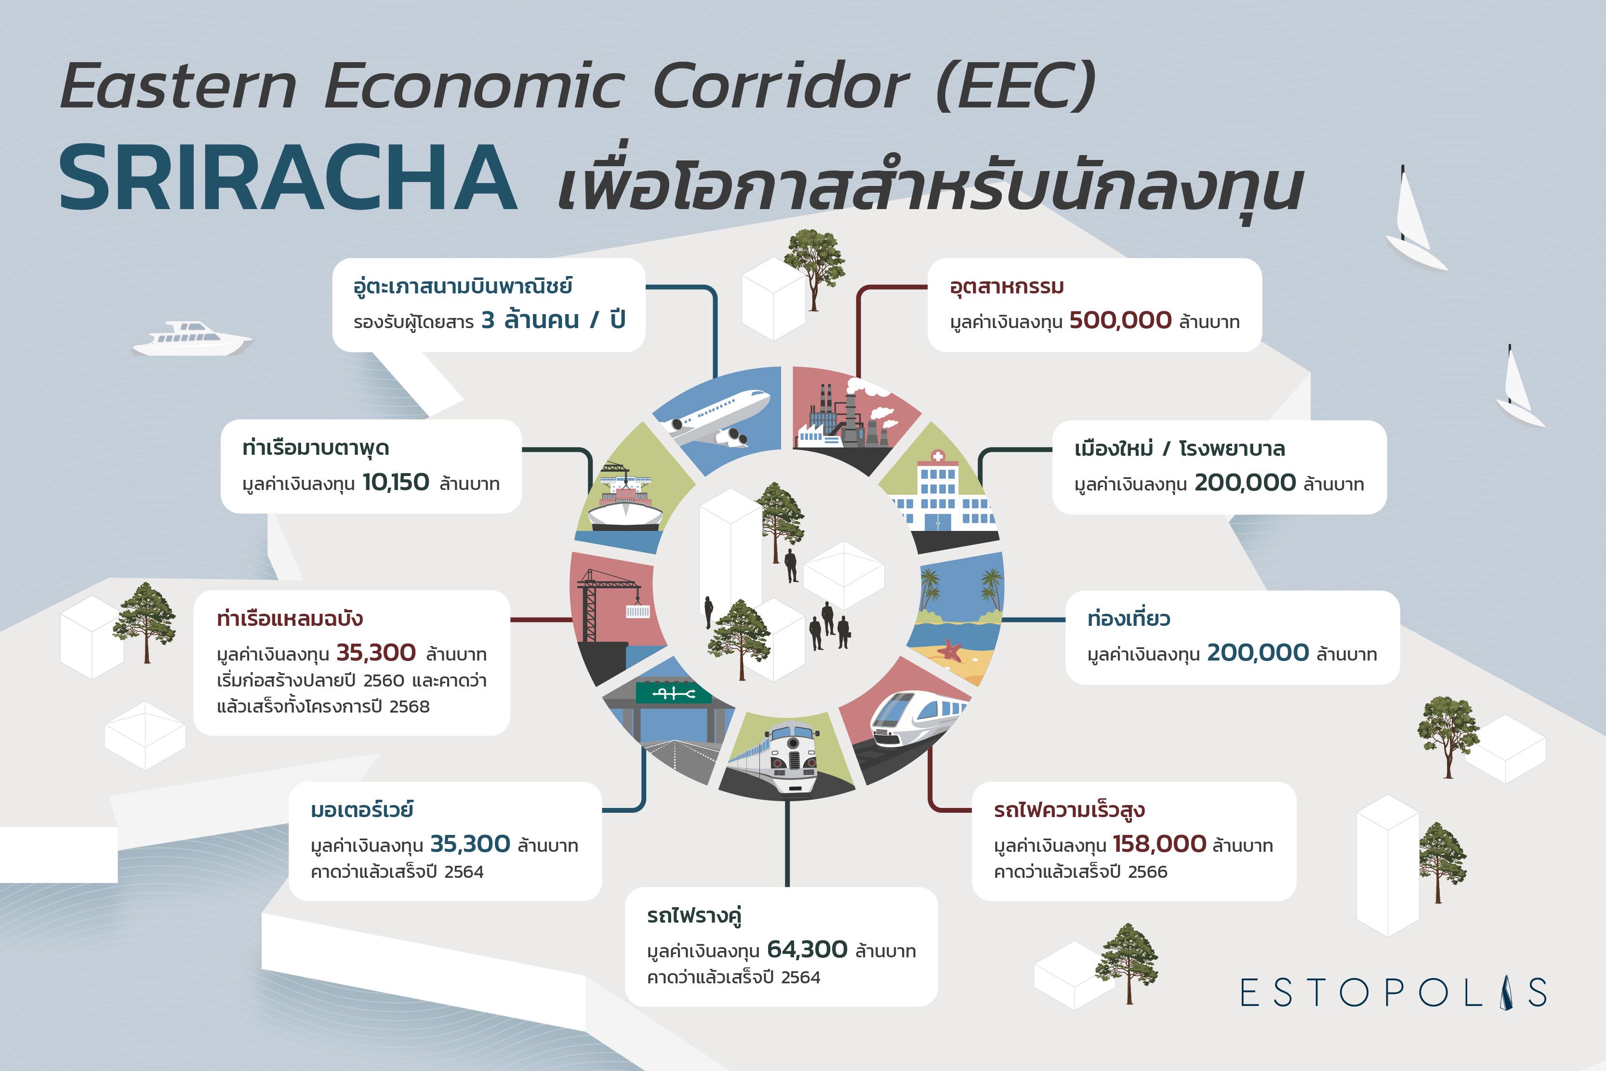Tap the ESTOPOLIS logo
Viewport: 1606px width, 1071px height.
1394,992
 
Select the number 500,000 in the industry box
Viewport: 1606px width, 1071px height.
1120,320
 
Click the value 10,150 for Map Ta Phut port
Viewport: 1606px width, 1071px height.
396,482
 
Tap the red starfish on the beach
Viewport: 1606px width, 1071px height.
950,649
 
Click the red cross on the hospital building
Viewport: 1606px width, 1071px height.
938,456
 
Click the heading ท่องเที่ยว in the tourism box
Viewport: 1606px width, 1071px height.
1128,619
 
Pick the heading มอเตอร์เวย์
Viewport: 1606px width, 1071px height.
362,810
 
